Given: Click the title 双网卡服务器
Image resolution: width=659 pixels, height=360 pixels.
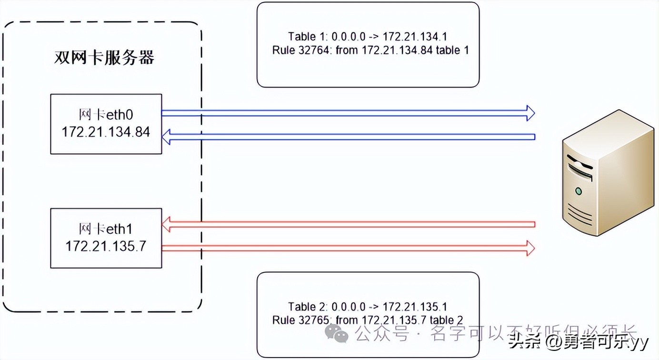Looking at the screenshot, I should click(x=104, y=58).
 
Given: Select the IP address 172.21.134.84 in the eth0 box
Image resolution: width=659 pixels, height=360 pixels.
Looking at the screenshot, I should click(x=106, y=131).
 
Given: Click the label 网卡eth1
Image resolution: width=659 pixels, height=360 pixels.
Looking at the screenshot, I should click(x=106, y=229).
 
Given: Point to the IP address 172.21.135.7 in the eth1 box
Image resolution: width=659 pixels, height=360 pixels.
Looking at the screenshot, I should click(x=106, y=246).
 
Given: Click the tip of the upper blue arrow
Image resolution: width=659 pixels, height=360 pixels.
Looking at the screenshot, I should click(x=530, y=113).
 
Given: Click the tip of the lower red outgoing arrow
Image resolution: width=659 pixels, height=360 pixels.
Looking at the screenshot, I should click(x=530, y=248).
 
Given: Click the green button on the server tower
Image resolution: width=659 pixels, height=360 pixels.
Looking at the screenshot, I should click(x=578, y=191).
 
